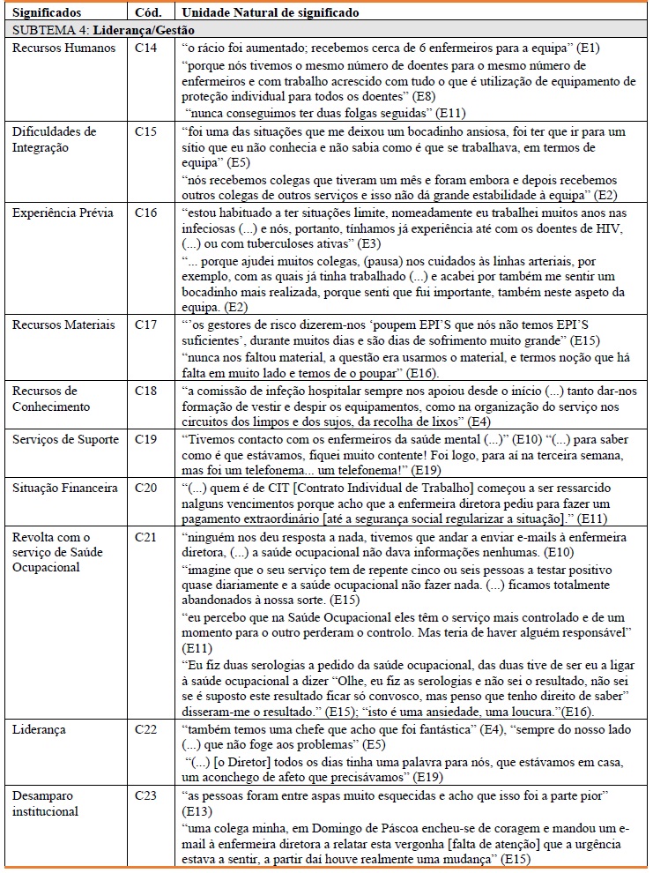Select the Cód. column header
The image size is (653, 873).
(147, 14)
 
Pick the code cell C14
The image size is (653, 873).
(145, 48)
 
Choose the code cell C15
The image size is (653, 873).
(145, 131)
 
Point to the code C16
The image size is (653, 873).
(145, 213)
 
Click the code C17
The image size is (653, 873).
(145, 325)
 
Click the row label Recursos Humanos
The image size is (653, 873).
(63, 48)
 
